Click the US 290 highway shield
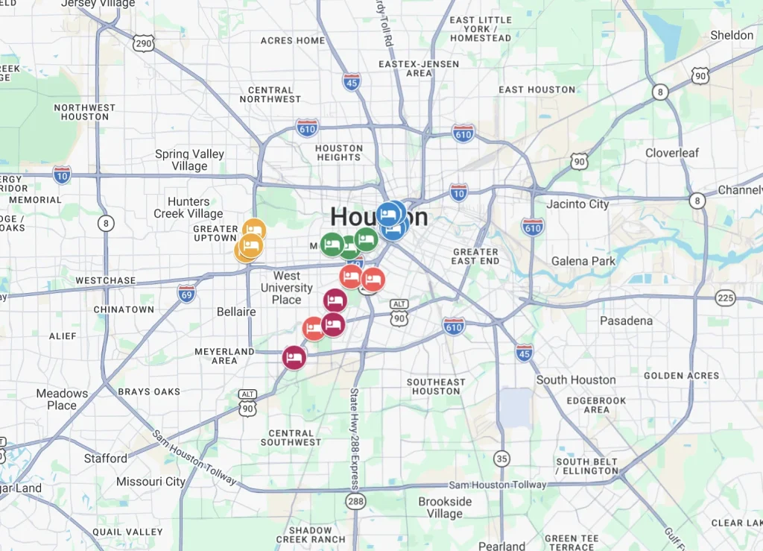(144, 44)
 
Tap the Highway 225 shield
(725, 298)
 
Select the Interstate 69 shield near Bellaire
(187, 293)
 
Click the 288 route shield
(355, 502)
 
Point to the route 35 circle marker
(502, 459)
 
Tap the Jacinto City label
(577, 204)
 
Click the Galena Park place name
(583, 261)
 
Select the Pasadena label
(626, 321)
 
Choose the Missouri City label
(151, 482)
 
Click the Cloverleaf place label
(672, 153)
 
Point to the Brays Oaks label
(149, 391)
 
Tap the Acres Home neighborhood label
(293, 40)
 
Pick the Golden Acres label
(682, 376)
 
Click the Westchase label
(106, 281)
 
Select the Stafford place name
(105, 459)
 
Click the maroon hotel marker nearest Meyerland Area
(294, 358)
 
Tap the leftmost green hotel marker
(332, 244)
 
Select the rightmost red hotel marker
(373, 280)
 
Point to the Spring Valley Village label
(189, 160)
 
